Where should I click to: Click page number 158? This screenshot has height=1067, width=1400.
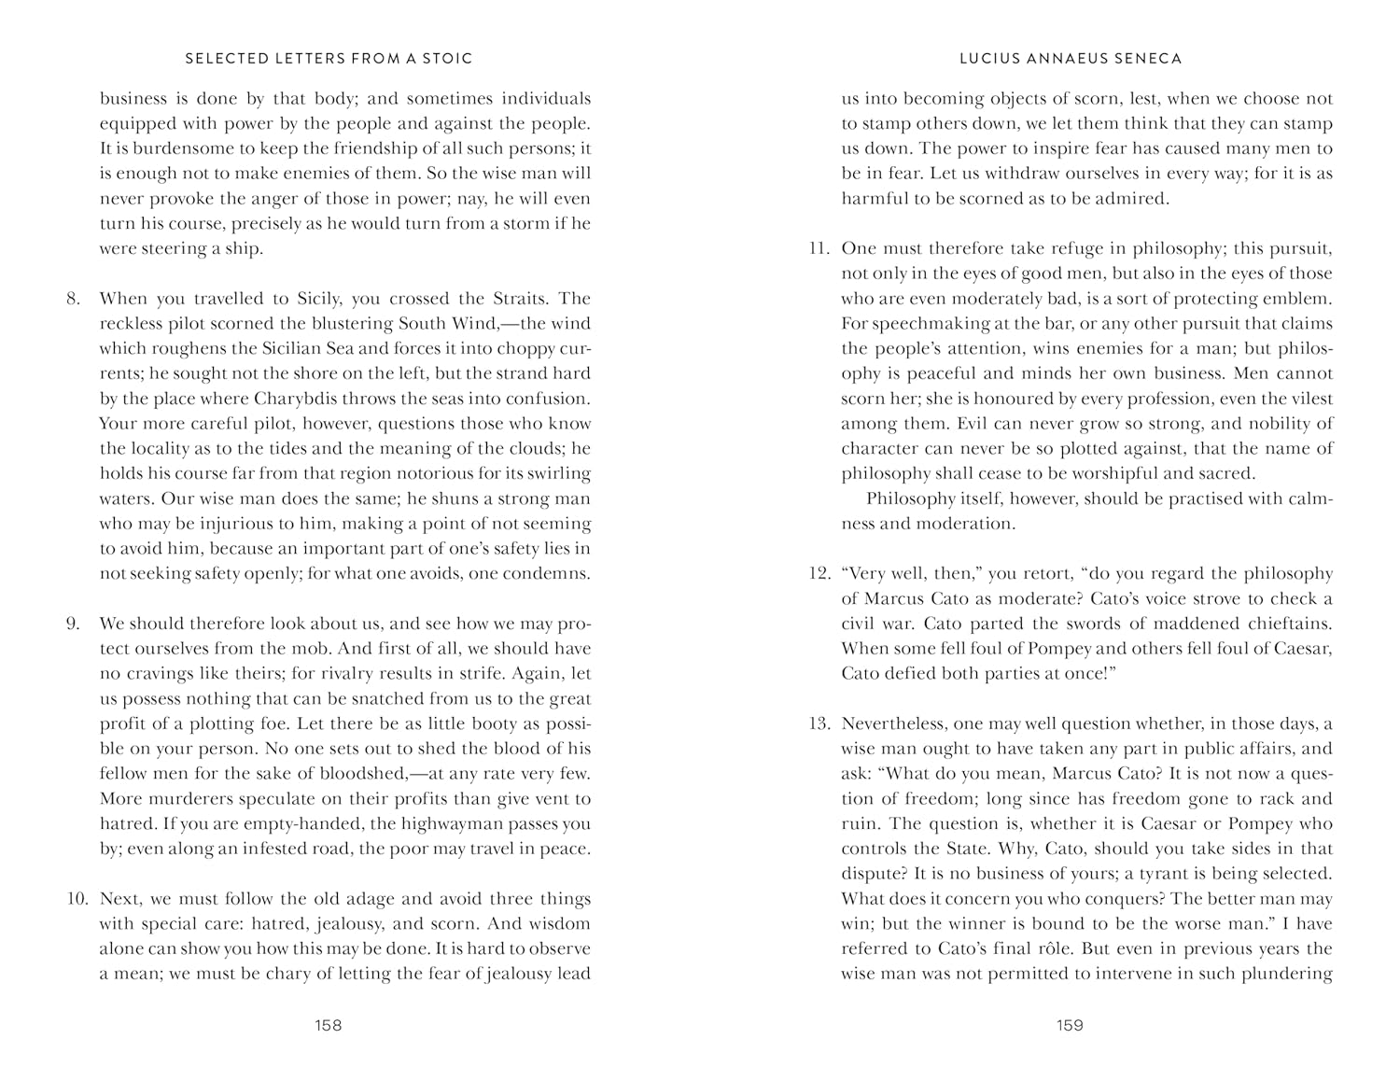click(329, 1025)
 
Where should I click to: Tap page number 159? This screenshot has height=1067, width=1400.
click(1070, 1025)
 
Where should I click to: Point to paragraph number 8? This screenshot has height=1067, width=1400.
click(74, 299)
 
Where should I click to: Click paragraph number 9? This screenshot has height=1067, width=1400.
click(74, 624)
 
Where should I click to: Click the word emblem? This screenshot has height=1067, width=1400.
click(1302, 299)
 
